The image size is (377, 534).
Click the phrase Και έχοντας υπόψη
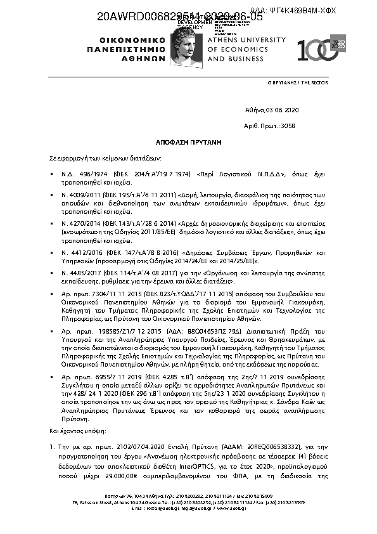click(x=72, y=431)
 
